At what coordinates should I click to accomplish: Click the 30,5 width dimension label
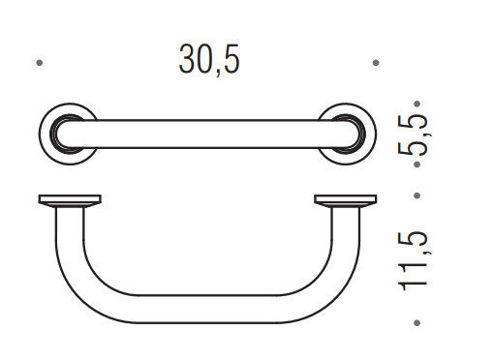click(x=209, y=60)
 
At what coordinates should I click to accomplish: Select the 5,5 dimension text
click(x=414, y=135)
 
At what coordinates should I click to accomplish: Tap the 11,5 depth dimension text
click(x=414, y=260)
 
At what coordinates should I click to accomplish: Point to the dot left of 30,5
click(x=40, y=63)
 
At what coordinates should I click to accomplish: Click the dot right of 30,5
click(x=376, y=63)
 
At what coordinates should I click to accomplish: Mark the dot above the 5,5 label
click(x=417, y=104)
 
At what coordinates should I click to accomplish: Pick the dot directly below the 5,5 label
click(x=417, y=165)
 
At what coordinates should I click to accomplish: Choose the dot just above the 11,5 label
click(x=417, y=195)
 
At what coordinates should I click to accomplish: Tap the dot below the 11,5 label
click(x=417, y=322)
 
